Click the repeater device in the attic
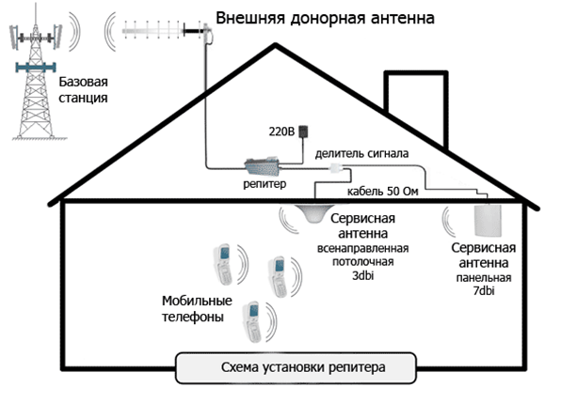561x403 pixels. coord(262,166)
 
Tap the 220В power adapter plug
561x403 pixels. coord(303,131)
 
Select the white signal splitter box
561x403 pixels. coord(336,167)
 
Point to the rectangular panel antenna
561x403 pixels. coord(488,220)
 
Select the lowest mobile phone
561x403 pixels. coord(252,322)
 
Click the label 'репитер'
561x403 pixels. coord(264,184)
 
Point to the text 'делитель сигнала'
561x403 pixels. coord(361,153)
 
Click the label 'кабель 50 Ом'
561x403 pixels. coord(382,192)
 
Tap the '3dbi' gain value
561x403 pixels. coord(363,275)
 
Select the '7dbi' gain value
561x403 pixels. coord(484,291)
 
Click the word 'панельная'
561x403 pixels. coord(484,278)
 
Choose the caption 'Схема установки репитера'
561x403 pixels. coord(303,367)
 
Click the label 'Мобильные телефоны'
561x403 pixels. coord(197,309)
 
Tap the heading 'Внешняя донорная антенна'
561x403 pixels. coord(325,18)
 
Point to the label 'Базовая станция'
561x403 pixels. coord(83,89)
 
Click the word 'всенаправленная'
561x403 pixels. coord(362,248)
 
